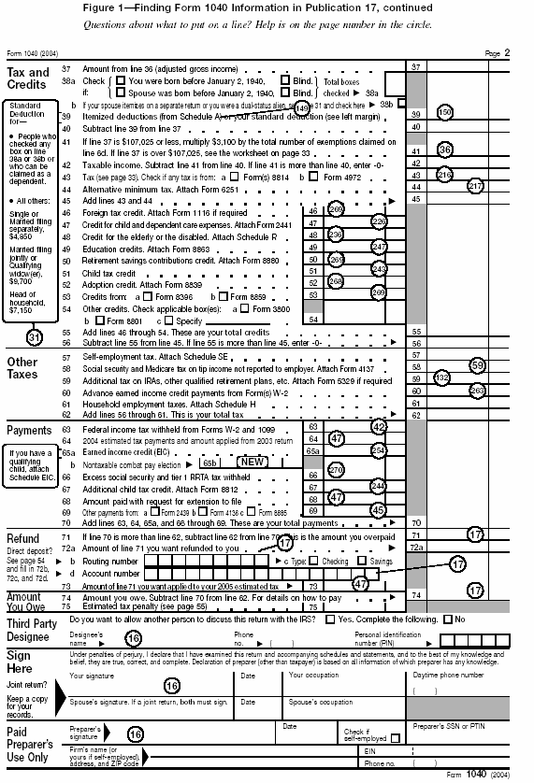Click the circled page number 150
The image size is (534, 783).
click(445, 112)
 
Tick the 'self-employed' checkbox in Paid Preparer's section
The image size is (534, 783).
click(395, 738)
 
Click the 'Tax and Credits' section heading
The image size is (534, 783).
click(28, 78)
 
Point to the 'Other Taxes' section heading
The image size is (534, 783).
click(22, 368)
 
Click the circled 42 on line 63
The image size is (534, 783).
click(379, 426)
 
